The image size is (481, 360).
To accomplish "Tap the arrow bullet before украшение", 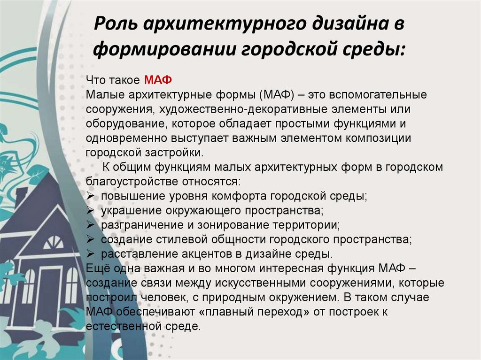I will (x=91, y=210).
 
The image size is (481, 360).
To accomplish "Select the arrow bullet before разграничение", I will (x=91, y=224).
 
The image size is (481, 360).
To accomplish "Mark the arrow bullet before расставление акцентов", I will (x=91, y=253).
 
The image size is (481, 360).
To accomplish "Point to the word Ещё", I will (x=96, y=268).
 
